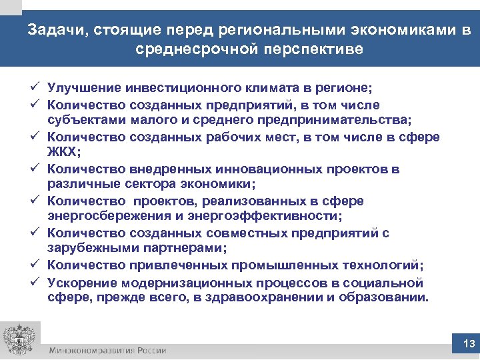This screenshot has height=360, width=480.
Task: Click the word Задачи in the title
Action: (56, 30)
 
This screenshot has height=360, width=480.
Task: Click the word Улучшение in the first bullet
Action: (85, 89)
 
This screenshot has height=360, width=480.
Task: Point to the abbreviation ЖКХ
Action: (63, 152)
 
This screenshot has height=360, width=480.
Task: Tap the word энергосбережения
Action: (107, 216)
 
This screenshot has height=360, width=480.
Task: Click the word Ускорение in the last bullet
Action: (83, 281)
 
